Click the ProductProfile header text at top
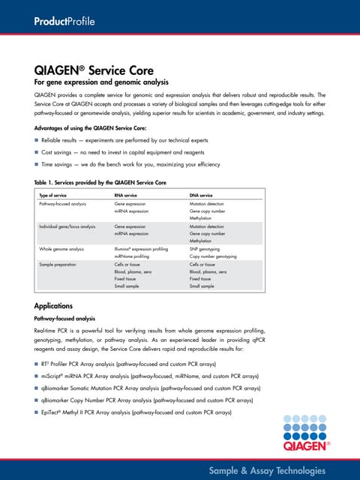[x=63, y=21]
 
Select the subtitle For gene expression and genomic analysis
[x=101, y=82]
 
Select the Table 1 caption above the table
[x=100, y=183]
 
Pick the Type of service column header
[x=56, y=195]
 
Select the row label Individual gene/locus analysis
[x=67, y=226]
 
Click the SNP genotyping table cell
[x=205, y=248]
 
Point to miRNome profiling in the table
[x=134, y=256]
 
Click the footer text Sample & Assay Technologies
[x=267, y=470]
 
